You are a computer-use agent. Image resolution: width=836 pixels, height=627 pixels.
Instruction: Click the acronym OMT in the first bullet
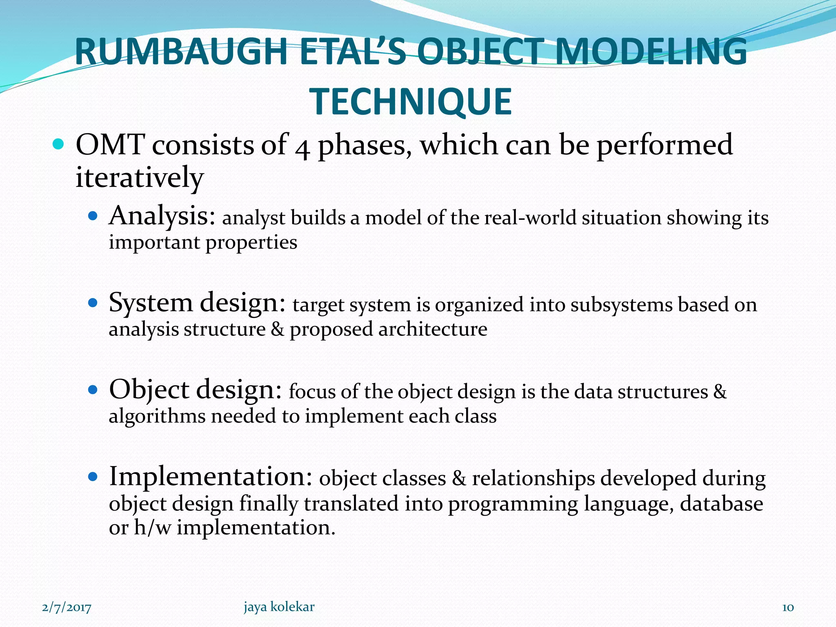click(110, 145)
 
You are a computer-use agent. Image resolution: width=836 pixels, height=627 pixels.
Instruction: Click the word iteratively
click(139, 178)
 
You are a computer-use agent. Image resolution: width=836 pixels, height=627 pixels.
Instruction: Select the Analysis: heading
click(162, 216)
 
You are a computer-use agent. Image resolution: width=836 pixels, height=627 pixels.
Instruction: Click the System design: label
click(197, 303)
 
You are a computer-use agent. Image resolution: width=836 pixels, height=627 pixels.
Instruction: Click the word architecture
click(433, 329)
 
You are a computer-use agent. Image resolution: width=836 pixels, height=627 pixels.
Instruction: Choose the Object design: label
click(195, 389)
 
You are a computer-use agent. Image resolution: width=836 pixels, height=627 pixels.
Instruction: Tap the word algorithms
click(157, 416)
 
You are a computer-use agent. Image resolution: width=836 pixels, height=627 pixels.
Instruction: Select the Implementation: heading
click(211, 476)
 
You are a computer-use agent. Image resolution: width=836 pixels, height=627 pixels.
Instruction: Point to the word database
click(721, 503)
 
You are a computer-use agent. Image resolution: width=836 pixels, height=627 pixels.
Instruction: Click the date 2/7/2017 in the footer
click(67, 607)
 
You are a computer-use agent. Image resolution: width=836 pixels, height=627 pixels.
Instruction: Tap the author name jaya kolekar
click(279, 607)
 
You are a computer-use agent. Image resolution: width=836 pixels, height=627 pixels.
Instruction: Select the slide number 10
click(787, 607)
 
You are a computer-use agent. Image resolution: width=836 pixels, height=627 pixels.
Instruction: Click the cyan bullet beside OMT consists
click(59, 145)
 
